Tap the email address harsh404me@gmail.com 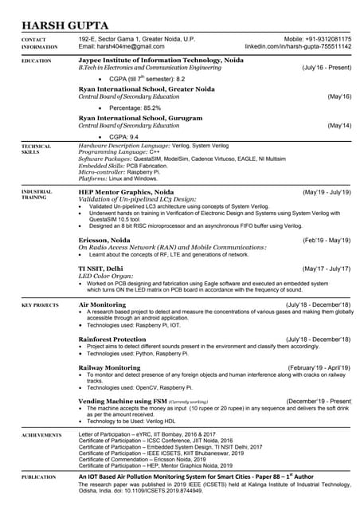(115, 47)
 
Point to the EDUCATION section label (37, 61)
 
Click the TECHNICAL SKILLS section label (36, 149)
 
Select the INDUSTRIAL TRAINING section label (38, 195)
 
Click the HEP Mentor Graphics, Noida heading (126, 192)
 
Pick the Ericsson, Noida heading (104, 240)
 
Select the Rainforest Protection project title (112, 339)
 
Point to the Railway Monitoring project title (109, 367)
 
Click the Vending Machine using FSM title (122, 401)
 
